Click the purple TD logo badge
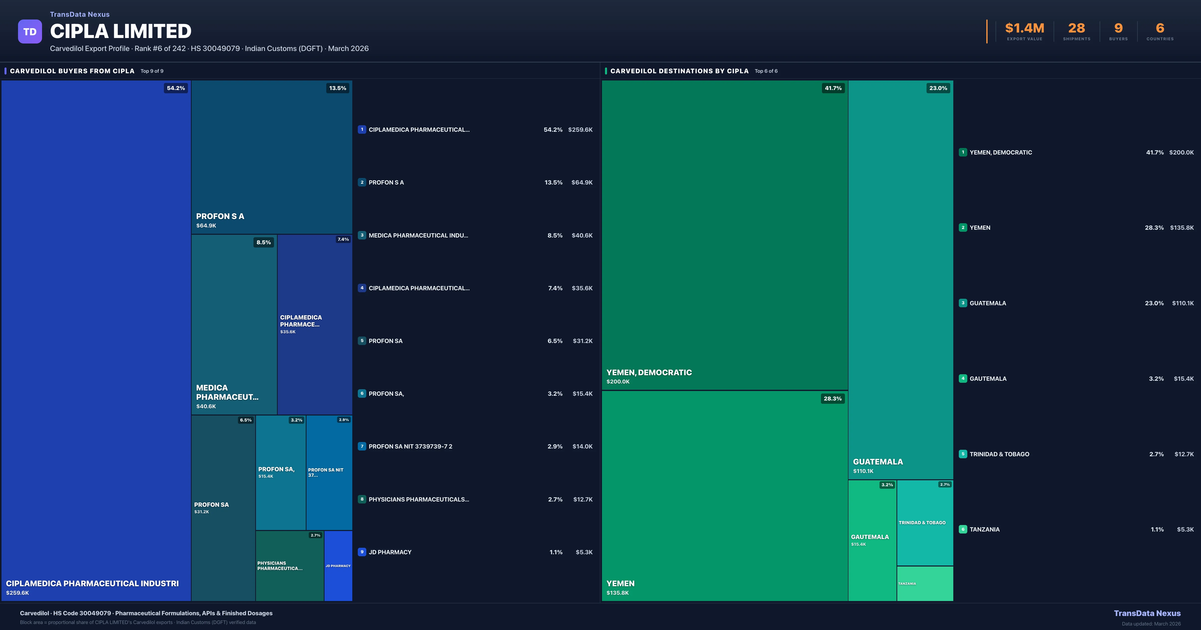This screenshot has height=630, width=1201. pyautogui.click(x=30, y=32)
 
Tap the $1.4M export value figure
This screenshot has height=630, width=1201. pyautogui.click(x=1024, y=28)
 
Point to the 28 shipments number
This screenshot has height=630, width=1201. pyautogui.click(x=1076, y=28)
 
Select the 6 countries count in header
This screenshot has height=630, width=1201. pyautogui.click(x=1160, y=28)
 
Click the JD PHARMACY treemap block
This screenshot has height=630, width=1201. pyautogui.click(x=338, y=566)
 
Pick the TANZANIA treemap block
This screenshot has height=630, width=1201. pyautogui.click(x=925, y=583)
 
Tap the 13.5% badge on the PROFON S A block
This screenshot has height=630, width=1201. pyautogui.click(x=338, y=88)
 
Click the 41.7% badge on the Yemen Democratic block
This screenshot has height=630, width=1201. pyautogui.click(x=833, y=88)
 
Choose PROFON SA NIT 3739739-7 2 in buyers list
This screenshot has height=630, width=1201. pyautogui.click(x=410, y=446)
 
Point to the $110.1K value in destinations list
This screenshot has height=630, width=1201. pyautogui.click(x=1183, y=303)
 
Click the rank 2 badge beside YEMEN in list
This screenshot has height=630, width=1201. pyautogui.click(x=963, y=228)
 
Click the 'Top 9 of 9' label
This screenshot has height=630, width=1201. pyautogui.click(x=152, y=71)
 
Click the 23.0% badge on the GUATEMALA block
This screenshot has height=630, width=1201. pyautogui.click(x=938, y=88)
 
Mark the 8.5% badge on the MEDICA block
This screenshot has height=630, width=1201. pyautogui.click(x=263, y=242)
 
